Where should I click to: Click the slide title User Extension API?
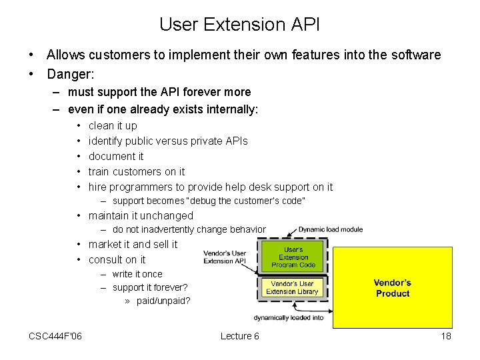tap(239, 25)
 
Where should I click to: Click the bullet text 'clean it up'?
tap(113, 125)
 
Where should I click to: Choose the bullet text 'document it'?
tap(116, 156)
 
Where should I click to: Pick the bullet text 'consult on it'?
tap(117, 259)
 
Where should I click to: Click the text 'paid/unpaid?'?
tap(163, 301)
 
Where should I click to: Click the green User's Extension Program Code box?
tap(293, 257)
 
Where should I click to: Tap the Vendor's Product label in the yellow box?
tap(393, 288)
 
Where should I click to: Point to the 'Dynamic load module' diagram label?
tap(331, 229)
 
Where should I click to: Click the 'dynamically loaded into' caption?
tap(289, 317)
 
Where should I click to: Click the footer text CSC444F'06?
tap(55, 336)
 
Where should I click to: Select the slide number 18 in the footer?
tap(446, 336)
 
